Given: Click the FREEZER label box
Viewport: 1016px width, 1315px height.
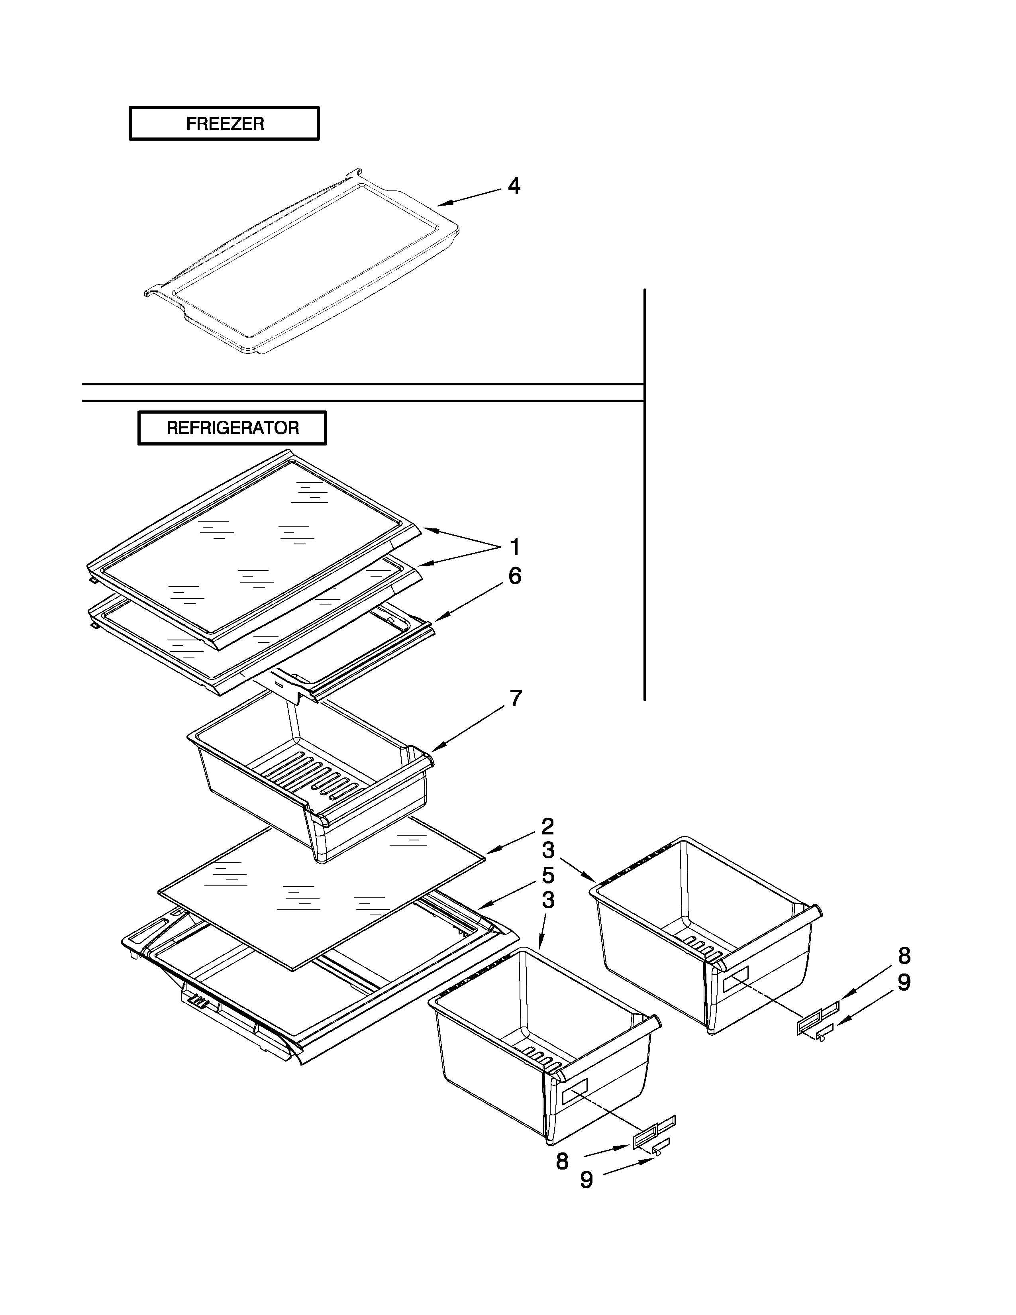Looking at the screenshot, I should pos(224,124).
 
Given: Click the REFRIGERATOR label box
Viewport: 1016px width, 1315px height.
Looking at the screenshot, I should pos(232,428).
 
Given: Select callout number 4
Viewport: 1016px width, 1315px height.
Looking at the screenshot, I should pos(514,186).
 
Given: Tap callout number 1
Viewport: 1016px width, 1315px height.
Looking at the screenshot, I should pos(515,547).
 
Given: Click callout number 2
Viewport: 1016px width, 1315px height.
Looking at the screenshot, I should pos(547,825).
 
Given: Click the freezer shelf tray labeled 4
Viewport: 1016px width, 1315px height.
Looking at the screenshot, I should pos(301,265).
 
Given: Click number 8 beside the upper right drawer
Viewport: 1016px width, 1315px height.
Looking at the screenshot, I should pos(904,956).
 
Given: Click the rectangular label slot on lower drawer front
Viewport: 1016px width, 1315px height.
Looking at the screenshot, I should pos(575,1091).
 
